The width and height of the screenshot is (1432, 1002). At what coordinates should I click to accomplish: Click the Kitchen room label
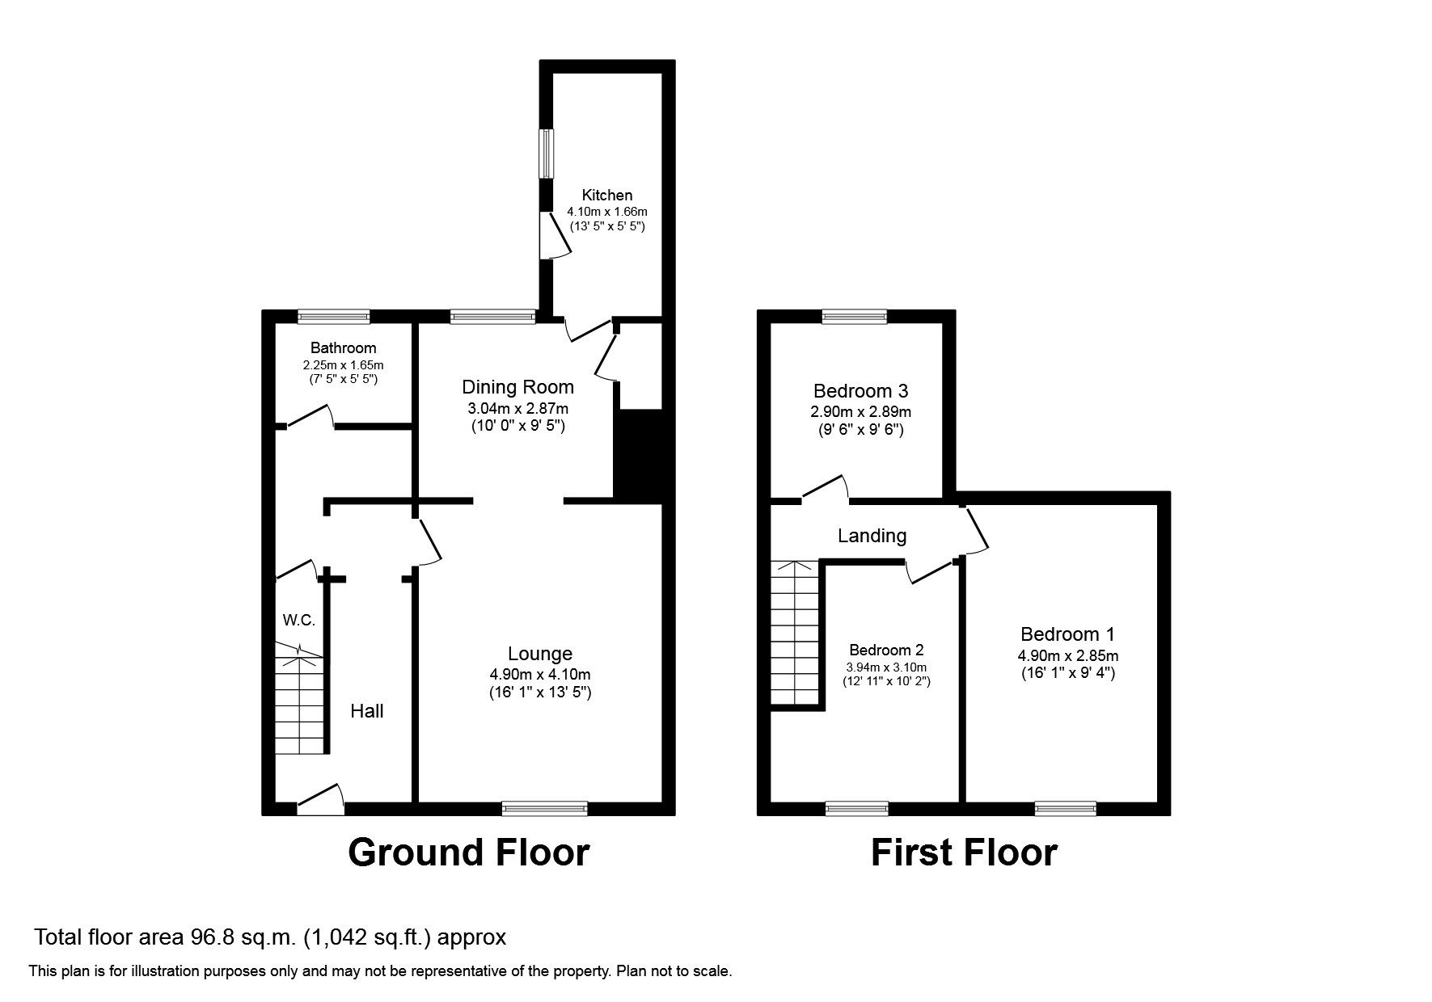click(607, 195)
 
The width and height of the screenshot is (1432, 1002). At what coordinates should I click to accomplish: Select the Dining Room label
click(517, 387)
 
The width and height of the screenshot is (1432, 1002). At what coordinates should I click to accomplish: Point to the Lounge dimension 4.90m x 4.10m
click(539, 674)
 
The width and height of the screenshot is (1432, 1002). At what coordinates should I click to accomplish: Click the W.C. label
click(298, 621)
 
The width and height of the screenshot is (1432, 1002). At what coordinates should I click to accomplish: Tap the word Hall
click(366, 711)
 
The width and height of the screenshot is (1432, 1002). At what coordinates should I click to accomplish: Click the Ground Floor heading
click(468, 853)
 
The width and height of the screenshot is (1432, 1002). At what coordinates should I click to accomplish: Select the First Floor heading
click(964, 853)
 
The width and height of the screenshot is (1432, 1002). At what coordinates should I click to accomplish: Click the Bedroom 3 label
click(860, 391)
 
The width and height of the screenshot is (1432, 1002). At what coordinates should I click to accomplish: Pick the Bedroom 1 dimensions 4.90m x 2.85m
click(1067, 655)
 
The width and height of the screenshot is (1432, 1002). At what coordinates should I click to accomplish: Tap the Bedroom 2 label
click(886, 650)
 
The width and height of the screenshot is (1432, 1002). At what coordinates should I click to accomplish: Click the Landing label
click(872, 536)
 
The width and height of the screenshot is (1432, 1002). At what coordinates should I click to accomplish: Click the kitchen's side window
click(547, 153)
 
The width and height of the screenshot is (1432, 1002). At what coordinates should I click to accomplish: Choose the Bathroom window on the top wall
click(333, 317)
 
